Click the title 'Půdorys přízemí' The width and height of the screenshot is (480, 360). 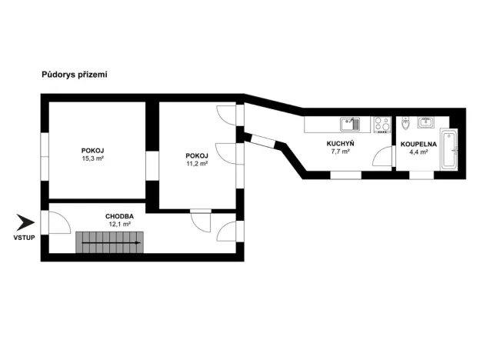74,75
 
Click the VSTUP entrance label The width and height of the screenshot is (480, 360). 24,238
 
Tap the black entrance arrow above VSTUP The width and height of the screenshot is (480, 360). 25,224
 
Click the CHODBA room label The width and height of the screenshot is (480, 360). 119,216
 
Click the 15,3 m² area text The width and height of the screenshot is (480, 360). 93,158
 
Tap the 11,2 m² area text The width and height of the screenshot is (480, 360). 197,163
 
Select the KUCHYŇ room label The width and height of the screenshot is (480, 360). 339,144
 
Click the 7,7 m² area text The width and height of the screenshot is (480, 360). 339,152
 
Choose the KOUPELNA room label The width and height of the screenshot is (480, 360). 419,144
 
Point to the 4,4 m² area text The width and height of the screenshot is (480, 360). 419,152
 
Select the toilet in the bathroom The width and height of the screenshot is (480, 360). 405,123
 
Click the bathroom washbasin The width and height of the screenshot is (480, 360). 425,122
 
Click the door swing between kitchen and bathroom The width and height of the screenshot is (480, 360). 382,157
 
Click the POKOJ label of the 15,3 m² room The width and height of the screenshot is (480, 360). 93,150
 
